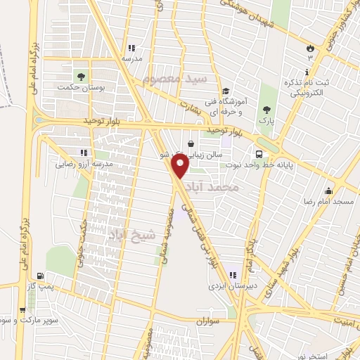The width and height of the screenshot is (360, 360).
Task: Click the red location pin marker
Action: pos(180,166)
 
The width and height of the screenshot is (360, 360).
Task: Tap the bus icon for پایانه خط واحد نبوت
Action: pos(260,154)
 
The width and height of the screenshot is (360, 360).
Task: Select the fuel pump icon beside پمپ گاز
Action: pos(40,276)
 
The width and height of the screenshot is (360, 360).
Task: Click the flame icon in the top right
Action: pos(309,46)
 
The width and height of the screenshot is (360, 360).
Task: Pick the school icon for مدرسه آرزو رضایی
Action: pos(84,153)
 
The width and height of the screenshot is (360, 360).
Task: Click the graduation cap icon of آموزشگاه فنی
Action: pos(226,91)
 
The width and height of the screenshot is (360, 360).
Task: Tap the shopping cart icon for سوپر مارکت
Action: pos(22,310)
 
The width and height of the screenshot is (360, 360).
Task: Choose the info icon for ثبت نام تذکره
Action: pos(307,72)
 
